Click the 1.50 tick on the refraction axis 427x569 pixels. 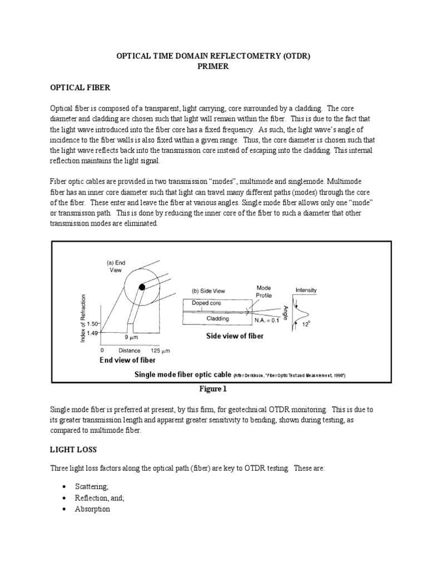click(x=92, y=323)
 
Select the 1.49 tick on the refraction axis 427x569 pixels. click(x=92, y=333)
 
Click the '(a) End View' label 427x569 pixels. click(x=117, y=265)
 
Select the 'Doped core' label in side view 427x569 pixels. click(x=206, y=303)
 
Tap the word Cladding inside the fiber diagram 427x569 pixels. click(x=218, y=318)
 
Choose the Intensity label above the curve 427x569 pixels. click(x=306, y=290)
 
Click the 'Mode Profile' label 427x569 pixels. click(x=264, y=291)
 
